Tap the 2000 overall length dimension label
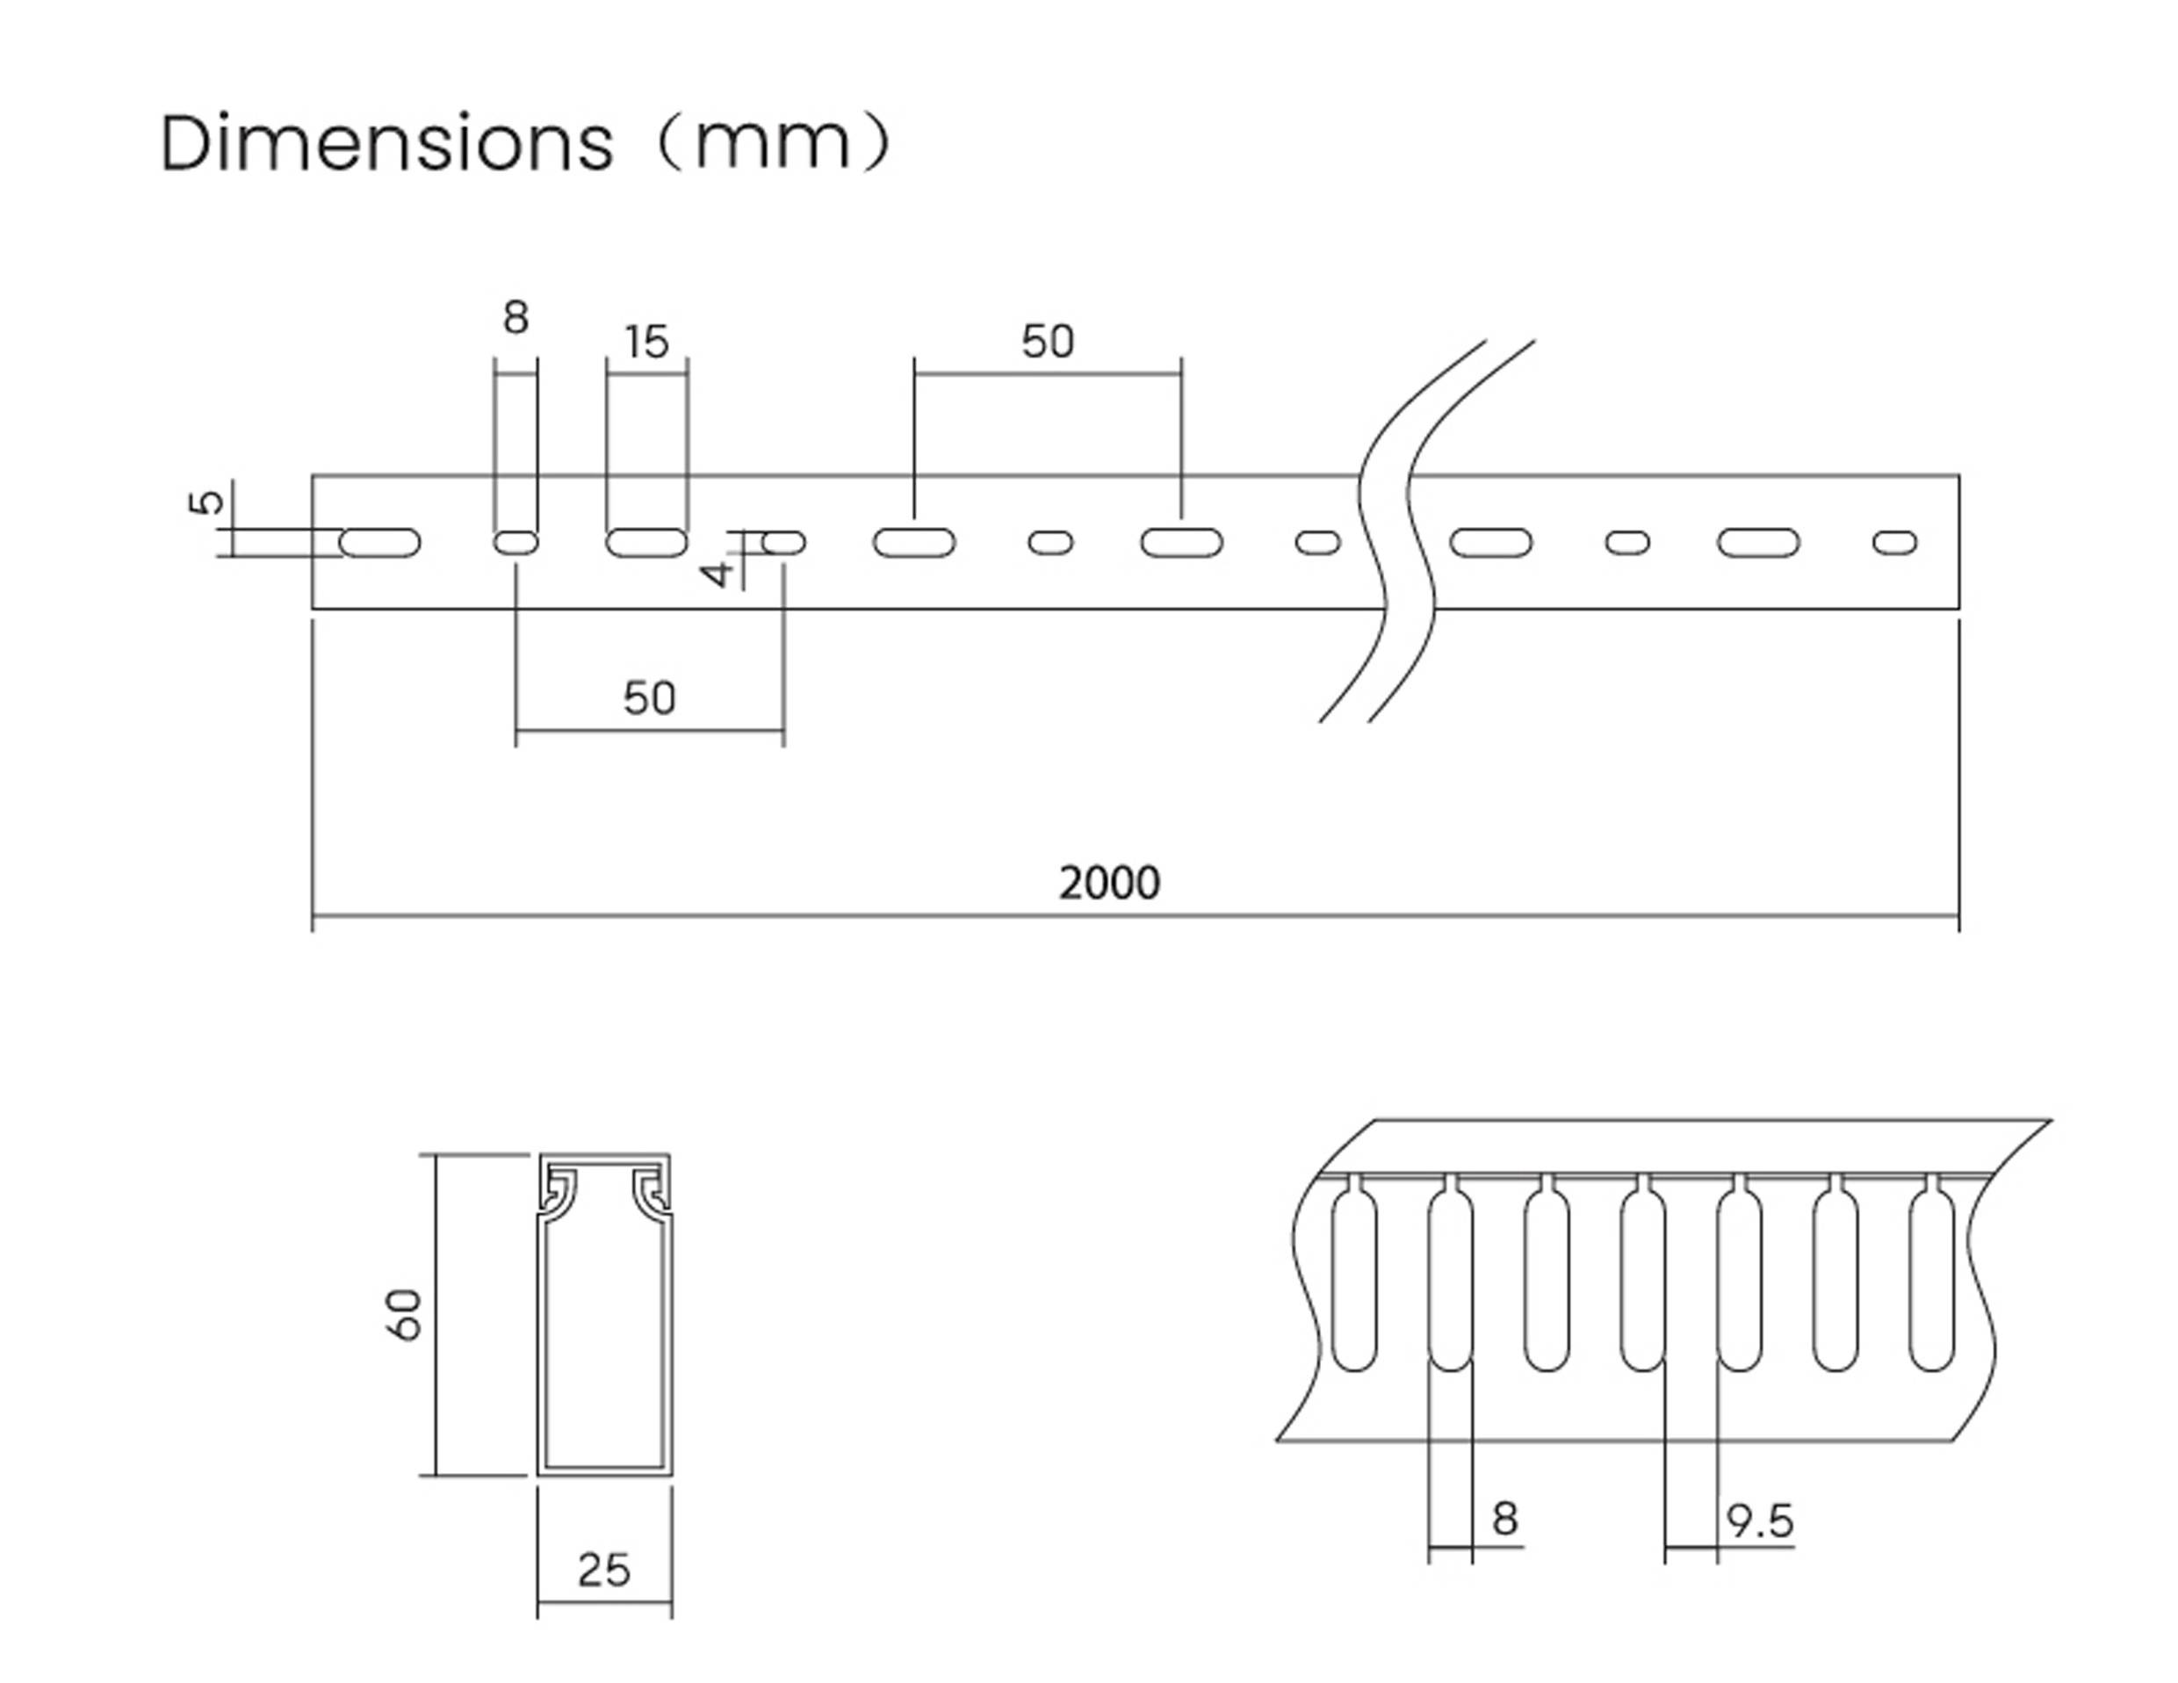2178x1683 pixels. (x=1109, y=883)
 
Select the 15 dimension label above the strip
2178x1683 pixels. (x=646, y=343)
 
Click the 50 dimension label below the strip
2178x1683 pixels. (x=649, y=697)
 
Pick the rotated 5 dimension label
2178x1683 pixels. (x=206, y=502)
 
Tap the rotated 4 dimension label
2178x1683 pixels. (x=717, y=573)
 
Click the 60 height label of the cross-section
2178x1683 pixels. (x=406, y=1314)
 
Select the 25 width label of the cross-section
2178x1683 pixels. (x=603, y=1571)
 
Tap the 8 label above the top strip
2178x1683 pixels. (x=516, y=317)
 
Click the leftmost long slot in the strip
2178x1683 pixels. (x=380, y=543)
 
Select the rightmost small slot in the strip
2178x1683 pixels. (x=1895, y=543)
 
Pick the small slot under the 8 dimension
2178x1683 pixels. (x=516, y=543)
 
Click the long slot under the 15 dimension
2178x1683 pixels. (x=646, y=543)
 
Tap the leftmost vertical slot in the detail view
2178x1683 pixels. (x=1354, y=1282)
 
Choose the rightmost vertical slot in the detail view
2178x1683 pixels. (x=1932, y=1282)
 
